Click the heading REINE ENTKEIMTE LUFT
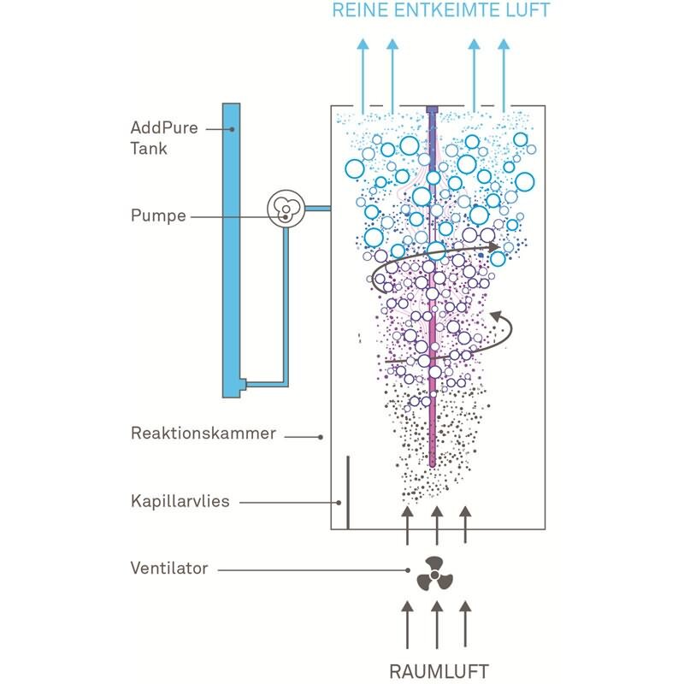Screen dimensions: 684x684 pyautogui.click(x=440, y=10)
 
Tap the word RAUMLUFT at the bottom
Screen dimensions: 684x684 pyautogui.click(x=439, y=671)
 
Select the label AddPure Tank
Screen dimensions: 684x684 pyautogui.click(x=164, y=138)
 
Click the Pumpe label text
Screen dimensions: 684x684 pyautogui.click(x=158, y=216)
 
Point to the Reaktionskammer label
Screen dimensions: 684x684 pyautogui.click(x=203, y=433)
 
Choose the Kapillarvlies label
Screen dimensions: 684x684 pyautogui.click(x=180, y=501)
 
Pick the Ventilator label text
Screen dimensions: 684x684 pyautogui.click(x=169, y=568)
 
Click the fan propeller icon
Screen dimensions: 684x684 pyautogui.click(x=434, y=575)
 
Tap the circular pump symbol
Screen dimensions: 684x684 pyautogui.click(x=286, y=209)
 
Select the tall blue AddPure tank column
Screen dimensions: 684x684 pyautogui.click(x=231, y=251)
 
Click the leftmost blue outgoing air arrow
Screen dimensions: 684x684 pyautogui.click(x=363, y=75)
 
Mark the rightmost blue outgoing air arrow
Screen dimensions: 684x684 pyautogui.click(x=504, y=75)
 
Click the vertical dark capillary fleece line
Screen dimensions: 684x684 pyautogui.click(x=348, y=492)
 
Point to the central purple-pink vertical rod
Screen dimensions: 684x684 pyautogui.click(x=432, y=288)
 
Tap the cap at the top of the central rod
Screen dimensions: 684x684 pyautogui.click(x=432, y=109)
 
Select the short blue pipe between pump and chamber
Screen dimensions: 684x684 pyautogui.click(x=317, y=209)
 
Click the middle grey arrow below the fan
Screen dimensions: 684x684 pyautogui.click(x=437, y=624)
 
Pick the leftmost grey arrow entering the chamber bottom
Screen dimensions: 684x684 pyautogui.click(x=408, y=525)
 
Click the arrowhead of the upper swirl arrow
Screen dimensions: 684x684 pyautogui.click(x=494, y=247)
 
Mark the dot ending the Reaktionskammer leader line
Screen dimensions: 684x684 pyautogui.click(x=321, y=437)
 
